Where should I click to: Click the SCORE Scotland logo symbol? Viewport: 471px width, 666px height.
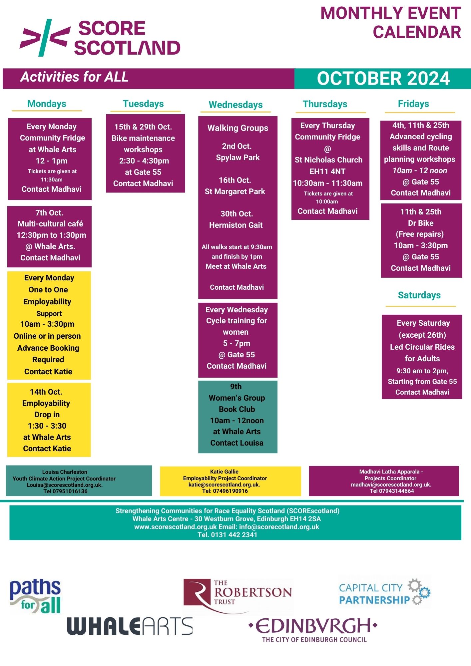[45, 38]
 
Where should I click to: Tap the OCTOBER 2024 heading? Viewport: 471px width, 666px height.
[383, 79]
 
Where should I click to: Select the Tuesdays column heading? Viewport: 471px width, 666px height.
[143, 104]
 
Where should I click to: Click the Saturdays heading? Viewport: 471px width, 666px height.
[419, 295]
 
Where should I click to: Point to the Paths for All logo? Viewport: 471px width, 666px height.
[35, 596]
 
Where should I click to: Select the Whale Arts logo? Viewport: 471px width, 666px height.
[130, 626]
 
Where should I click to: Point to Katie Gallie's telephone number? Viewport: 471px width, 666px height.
[225, 491]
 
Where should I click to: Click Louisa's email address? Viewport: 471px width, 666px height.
[65, 485]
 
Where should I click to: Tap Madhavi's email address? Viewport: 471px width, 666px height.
[391, 485]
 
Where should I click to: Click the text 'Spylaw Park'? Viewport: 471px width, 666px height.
[237, 158]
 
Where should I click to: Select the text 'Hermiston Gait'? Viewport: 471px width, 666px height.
[236, 225]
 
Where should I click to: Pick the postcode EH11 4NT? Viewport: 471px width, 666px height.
[327, 171]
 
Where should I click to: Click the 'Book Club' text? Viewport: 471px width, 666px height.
[237, 409]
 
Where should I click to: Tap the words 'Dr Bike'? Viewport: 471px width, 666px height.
[421, 223]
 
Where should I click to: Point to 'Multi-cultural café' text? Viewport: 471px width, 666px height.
[50, 224]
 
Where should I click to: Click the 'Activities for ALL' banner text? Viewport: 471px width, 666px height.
[74, 77]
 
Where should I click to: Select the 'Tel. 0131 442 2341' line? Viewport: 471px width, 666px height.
[227, 535]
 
